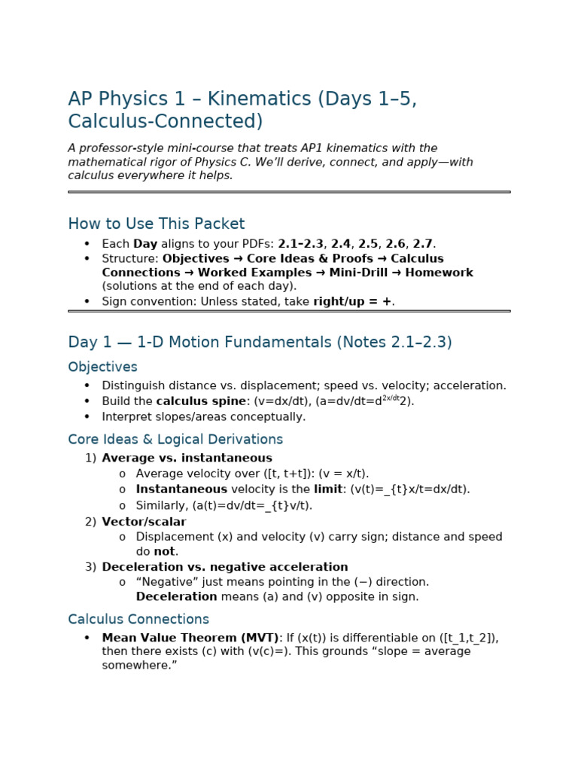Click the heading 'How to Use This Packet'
(x=156, y=224)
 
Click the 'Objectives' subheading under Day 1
(x=102, y=367)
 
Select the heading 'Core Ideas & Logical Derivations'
(x=175, y=439)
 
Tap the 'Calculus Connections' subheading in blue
(x=138, y=619)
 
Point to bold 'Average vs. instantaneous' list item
(x=187, y=458)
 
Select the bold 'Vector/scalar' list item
(x=144, y=522)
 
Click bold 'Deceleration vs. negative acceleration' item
(x=224, y=567)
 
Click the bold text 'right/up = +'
(x=352, y=301)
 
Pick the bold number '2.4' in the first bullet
(x=341, y=243)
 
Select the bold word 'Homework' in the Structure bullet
(x=439, y=273)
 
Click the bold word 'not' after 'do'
(x=165, y=551)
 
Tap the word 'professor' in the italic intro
(x=104, y=148)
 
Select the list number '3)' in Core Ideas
(x=90, y=567)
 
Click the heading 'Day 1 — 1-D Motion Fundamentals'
(x=260, y=342)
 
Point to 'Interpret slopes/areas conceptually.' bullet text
(x=203, y=416)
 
